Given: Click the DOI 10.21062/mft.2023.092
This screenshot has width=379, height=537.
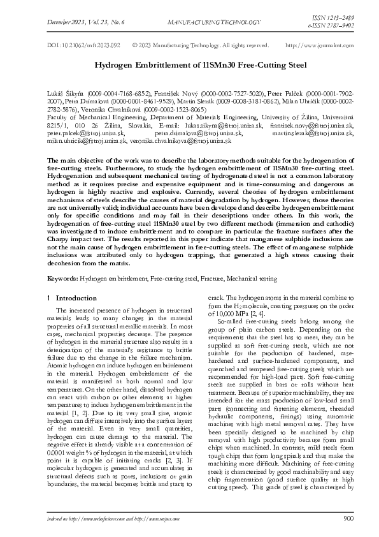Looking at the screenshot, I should pos(84,46).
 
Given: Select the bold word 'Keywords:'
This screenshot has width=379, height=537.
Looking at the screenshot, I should pos(63,279).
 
